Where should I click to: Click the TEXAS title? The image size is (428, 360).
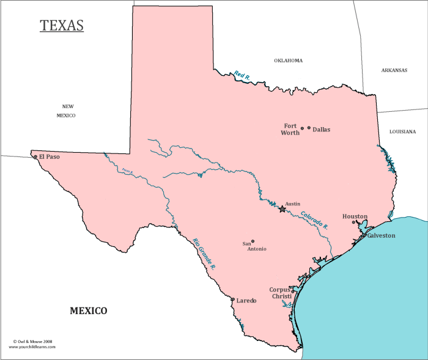point(62,26)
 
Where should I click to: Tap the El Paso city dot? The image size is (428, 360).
point(35,157)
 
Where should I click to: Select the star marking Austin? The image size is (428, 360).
point(282,209)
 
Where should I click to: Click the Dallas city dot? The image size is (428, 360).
point(309,128)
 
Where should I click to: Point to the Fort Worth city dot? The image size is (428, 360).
point(302,129)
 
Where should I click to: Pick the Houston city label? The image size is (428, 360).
point(355,216)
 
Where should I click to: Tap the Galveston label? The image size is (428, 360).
point(381,235)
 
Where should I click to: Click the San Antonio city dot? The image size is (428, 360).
point(253,241)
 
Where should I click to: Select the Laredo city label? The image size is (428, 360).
point(246,301)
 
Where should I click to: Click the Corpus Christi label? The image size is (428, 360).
point(281,293)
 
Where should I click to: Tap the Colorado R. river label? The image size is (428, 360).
point(314,220)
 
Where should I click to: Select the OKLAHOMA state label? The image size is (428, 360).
point(288,61)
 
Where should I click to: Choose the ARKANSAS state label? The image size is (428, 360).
point(394,70)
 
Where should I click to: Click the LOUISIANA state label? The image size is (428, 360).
point(402,131)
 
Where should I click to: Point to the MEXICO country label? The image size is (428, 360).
point(88,311)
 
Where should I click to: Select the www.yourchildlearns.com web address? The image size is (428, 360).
point(32,347)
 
